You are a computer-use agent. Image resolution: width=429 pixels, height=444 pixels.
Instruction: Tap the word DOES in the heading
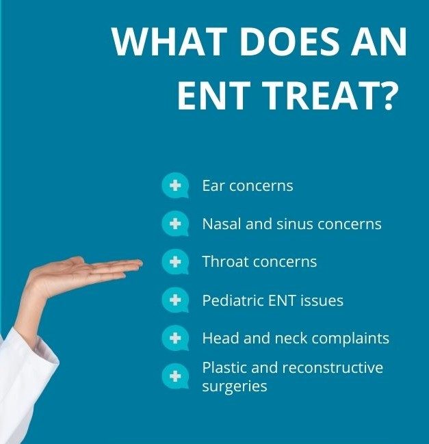click(x=290, y=42)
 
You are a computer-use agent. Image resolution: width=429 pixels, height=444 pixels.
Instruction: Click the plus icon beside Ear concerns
click(x=175, y=185)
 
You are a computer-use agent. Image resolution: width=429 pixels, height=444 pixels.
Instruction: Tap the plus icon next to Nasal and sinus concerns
click(x=175, y=224)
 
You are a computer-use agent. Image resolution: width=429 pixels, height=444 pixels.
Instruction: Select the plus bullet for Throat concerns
click(x=175, y=261)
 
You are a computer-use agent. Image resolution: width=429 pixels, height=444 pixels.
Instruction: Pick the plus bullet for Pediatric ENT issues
click(x=175, y=300)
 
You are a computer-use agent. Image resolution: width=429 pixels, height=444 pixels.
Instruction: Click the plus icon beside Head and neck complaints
click(x=175, y=338)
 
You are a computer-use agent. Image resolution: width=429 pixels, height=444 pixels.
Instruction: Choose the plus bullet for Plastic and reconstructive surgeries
click(x=175, y=376)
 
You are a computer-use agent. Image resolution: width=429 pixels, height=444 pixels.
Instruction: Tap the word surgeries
click(x=235, y=387)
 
